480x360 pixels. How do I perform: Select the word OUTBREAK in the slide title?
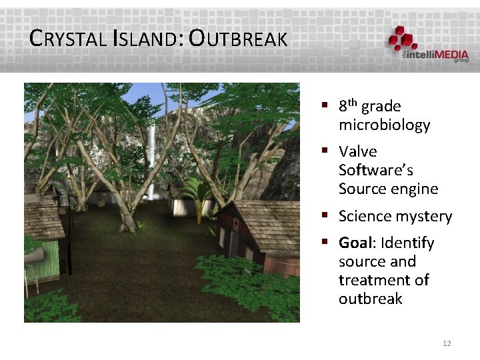click(x=238, y=39)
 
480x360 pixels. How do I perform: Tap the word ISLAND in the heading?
click(x=148, y=39)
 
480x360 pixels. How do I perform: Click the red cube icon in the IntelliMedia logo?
click(x=403, y=37)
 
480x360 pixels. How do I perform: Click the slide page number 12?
click(x=447, y=343)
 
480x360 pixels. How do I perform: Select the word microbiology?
click(x=384, y=125)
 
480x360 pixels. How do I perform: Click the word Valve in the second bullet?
click(x=357, y=152)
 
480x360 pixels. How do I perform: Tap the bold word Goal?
click(x=355, y=243)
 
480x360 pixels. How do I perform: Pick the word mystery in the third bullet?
click(x=425, y=217)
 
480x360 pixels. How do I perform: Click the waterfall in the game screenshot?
click(x=152, y=160)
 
